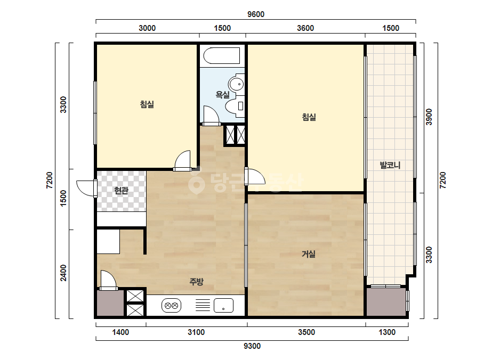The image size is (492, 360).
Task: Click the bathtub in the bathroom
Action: point(222,56)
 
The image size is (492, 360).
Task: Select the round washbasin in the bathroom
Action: point(236,84)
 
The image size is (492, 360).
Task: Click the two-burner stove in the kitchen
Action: point(171,306)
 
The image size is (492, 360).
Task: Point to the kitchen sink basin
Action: point(223,306)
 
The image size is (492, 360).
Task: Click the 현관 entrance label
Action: point(121,190)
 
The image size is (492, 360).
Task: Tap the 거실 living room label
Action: point(309,253)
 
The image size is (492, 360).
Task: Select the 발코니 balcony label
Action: point(390,165)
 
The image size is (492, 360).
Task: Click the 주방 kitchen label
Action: point(196,282)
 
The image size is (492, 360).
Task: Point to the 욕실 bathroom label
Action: point(222,94)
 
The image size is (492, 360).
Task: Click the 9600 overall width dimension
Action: point(256,14)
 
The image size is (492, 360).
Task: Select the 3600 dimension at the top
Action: point(305,28)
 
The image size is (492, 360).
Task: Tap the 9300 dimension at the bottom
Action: point(252,346)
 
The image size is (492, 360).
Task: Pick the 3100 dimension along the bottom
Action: point(196,332)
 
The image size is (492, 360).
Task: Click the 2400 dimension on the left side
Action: point(63,273)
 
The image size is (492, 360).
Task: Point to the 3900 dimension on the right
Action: point(429,117)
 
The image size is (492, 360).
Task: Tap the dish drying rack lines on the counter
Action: point(203,305)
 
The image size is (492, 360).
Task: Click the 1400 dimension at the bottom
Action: point(120,332)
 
